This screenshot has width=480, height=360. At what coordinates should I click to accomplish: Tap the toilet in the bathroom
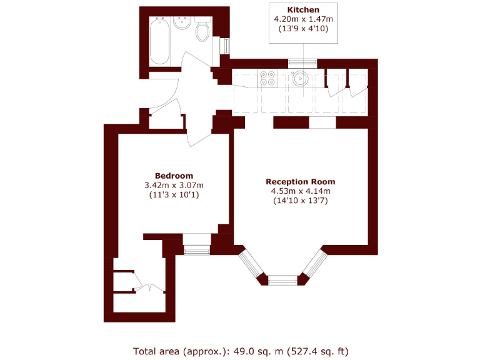203,29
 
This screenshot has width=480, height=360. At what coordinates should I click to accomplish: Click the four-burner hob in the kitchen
269,78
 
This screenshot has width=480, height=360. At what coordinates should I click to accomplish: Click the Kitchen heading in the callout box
303,9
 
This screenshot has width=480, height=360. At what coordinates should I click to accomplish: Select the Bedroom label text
174,176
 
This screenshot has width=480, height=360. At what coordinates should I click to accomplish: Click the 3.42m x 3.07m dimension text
174,185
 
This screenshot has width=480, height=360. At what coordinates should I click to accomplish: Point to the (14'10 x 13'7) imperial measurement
301,201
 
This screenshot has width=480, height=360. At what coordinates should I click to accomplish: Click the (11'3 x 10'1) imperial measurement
174,194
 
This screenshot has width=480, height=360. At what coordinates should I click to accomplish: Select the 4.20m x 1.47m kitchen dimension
303,19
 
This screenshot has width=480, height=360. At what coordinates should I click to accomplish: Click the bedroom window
197,250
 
